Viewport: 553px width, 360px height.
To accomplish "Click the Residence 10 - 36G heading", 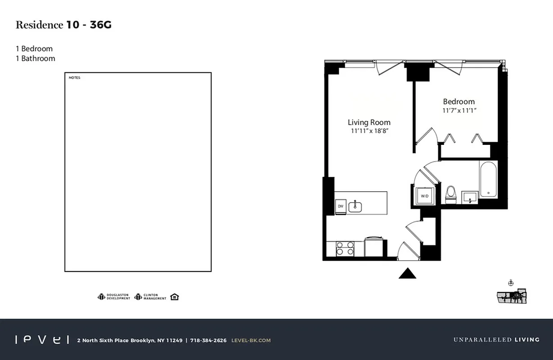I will pyautogui.click(x=63, y=25).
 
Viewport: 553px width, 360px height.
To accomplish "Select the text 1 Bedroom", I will pyautogui.click(x=34, y=49).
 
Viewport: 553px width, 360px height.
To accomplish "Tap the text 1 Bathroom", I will pyautogui.click(x=36, y=58).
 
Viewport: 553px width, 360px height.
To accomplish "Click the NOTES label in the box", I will pyautogui.click(x=74, y=78).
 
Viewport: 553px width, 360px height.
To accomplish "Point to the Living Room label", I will pyautogui.click(x=369, y=122).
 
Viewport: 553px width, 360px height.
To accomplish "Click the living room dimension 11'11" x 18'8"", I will pyautogui.click(x=369, y=131).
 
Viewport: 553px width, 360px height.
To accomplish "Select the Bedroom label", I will pyautogui.click(x=459, y=102).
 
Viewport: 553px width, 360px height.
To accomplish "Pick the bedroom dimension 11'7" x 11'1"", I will pyautogui.click(x=459, y=110).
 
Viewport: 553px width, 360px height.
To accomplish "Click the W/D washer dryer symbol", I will pyautogui.click(x=424, y=196).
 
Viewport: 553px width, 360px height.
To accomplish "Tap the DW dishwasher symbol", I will pyautogui.click(x=340, y=206).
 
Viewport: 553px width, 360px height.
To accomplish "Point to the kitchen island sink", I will pyautogui.click(x=355, y=206).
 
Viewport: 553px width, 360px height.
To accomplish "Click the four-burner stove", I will pyautogui.click(x=345, y=248).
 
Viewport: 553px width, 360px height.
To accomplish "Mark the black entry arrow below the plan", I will pyautogui.click(x=407, y=273).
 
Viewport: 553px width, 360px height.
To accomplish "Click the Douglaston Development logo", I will pyautogui.click(x=114, y=297).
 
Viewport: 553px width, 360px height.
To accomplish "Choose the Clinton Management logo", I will pyautogui.click(x=150, y=297).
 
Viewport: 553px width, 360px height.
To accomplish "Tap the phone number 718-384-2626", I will pyautogui.click(x=208, y=340).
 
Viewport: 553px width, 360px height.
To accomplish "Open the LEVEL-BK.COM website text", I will pyautogui.click(x=251, y=340).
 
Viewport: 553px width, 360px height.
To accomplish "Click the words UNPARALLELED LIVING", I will pyautogui.click(x=496, y=340).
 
